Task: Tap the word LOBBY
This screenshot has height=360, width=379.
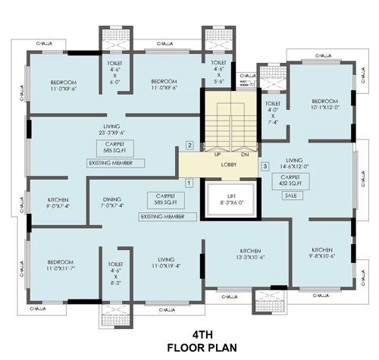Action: coord(230,162)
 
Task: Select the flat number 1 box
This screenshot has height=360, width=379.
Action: coord(189,182)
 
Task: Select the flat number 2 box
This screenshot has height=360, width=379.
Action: coord(190,145)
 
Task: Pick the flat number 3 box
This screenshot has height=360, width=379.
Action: coord(265,166)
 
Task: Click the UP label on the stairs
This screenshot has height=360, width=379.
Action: coord(217,154)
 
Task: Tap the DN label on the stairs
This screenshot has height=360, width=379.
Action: coord(244,154)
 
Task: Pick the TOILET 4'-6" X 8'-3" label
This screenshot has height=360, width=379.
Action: coord(116,254)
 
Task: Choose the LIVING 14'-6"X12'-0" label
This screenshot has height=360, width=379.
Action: coord(294,164)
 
